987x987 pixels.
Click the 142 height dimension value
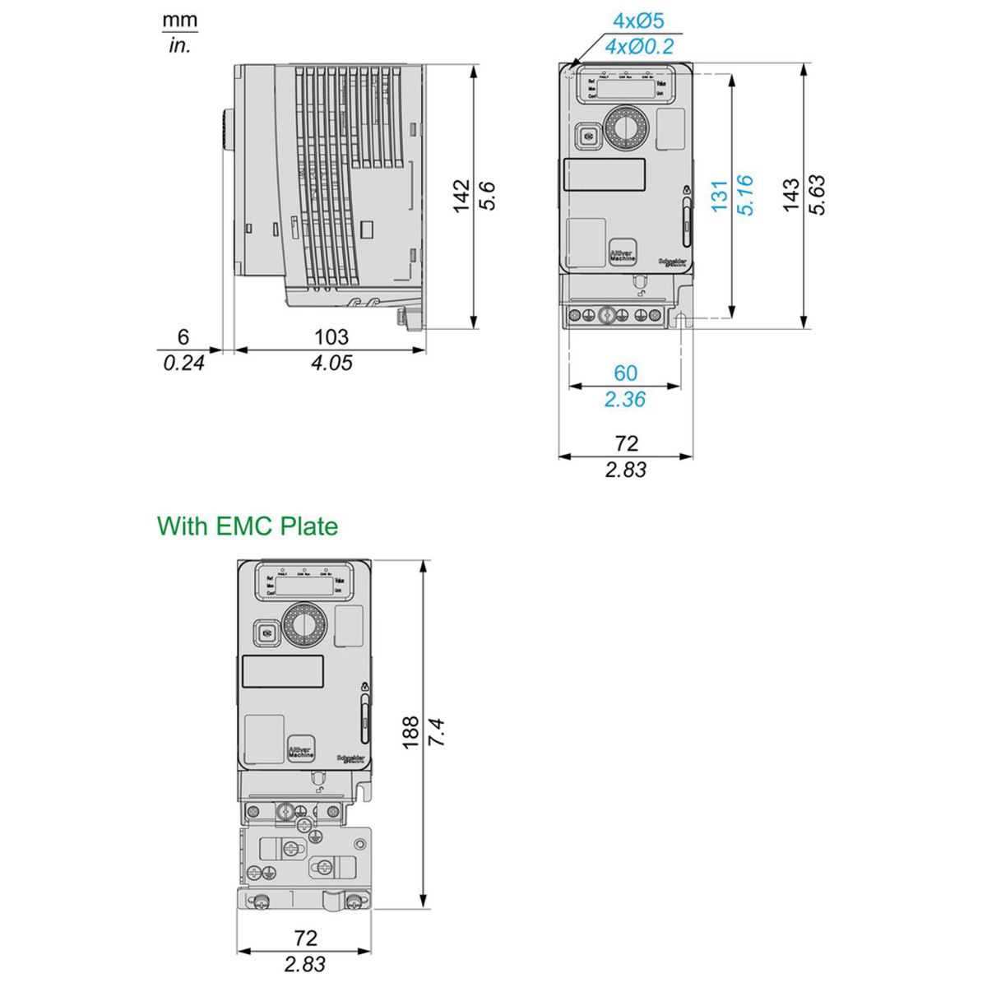[x=461, y=196]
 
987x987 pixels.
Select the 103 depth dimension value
[x=331, y=336]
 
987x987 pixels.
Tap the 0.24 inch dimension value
[x=183, y=363]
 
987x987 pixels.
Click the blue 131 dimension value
[x=720, y=197]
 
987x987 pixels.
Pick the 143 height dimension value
[x=790, y=195]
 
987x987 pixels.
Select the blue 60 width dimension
[x=625, y=373]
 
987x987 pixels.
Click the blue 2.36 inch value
[x=625, y=400]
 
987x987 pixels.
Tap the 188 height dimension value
[x=410, y=732]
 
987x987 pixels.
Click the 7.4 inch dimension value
[x=436, y=732]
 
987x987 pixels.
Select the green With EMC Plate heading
[x=248, y=526]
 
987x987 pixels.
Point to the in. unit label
[x=179, y=46]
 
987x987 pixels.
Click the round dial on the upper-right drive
[x=627, y=127]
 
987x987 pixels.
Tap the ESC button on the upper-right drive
[x=587, y=137]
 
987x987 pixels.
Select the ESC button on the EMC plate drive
[x=266, y=633]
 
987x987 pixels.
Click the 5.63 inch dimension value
[x=817, y=195]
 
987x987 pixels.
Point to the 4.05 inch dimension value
[x=331, y=363]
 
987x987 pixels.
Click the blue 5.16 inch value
[x=745, y=196]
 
